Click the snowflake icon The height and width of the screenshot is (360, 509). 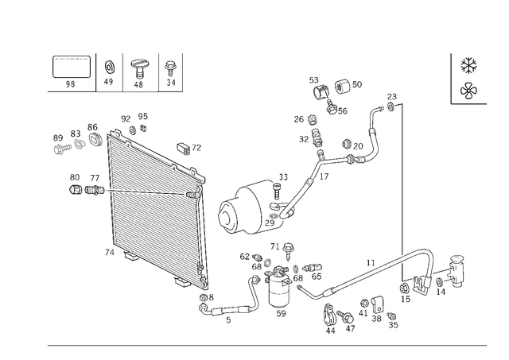468,65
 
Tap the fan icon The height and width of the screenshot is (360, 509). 468,91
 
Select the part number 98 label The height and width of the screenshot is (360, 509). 71,84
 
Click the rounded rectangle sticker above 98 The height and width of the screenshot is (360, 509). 72,67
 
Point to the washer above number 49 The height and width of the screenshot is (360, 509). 110,68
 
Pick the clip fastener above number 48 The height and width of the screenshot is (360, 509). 138,68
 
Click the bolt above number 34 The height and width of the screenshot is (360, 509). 169,69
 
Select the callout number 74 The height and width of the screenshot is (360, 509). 110,253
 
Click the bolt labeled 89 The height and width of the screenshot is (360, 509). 62,149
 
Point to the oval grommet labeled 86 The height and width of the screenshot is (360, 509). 95,139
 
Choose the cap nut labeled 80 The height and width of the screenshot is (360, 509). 75,189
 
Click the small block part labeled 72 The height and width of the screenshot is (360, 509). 184,149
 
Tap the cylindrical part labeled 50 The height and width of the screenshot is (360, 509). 342,85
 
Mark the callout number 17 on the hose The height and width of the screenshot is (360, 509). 324,176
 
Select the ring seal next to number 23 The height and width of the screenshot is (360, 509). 390,106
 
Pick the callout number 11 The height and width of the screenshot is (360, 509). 371,263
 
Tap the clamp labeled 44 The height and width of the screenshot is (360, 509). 330,314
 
